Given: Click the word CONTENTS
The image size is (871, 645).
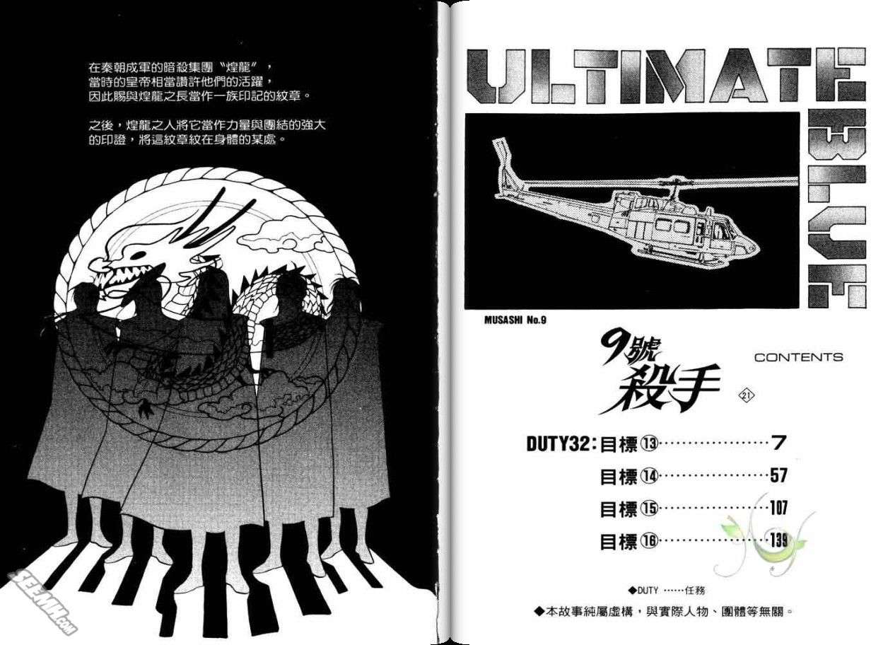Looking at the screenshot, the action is [798, 357].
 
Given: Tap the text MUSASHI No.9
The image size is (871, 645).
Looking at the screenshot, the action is [515, 320].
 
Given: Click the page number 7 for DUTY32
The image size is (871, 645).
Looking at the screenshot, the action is [778, 443].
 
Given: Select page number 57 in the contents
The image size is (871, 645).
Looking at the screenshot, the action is [778, 476].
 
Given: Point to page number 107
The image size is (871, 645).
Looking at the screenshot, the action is [778, 508].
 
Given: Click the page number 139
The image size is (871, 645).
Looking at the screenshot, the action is [778, 540].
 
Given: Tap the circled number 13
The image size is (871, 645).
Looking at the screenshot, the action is [649, 444].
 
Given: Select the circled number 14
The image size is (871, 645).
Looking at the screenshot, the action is [649, 476].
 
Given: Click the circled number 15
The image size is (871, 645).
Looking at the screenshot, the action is [649, 509].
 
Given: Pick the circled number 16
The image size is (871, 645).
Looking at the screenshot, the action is [649, 541].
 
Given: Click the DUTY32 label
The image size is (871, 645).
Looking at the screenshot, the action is [559, 444].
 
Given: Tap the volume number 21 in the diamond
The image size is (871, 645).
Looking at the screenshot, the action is [746, 395].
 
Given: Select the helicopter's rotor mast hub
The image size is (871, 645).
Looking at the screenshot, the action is [675, 183].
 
